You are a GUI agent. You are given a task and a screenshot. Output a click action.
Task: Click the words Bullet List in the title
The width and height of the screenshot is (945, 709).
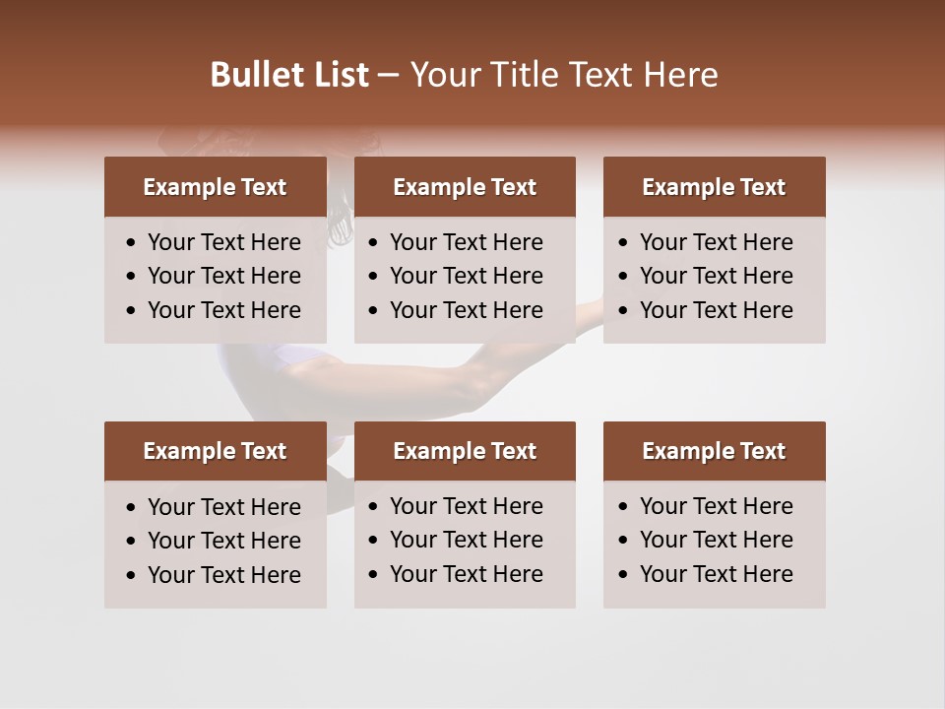pos(289,75)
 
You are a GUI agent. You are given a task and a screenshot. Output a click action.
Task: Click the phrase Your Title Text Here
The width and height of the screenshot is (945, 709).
pos(564,75)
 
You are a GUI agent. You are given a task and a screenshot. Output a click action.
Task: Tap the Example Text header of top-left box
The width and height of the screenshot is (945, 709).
pos(215,187)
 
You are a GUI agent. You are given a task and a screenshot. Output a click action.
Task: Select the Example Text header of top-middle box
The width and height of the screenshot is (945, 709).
pos(465,187)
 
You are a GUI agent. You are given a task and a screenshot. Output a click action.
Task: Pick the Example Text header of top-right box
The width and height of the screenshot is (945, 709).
pos(714,187)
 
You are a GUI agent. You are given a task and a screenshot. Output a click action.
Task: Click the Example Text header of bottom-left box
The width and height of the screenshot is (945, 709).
pos(215,451)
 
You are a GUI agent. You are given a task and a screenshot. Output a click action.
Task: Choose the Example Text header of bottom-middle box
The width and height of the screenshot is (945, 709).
pos(465,451)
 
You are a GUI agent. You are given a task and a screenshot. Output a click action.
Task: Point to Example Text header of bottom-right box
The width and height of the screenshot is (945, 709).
pos(714,451)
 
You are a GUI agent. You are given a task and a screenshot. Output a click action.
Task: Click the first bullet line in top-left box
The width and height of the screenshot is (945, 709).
pos(223,242)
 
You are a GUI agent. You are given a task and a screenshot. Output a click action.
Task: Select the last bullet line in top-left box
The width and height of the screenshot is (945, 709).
pos(223,310)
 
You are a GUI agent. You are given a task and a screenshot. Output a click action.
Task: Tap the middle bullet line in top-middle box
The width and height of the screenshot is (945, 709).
pos(466,276)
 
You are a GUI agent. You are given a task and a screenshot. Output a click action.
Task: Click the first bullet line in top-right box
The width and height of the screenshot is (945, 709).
pos(716,242)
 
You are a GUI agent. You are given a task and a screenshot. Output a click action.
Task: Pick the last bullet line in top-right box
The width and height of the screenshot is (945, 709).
pos(716,310)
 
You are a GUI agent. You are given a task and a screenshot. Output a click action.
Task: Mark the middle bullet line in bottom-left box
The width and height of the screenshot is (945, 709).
pos(223,541)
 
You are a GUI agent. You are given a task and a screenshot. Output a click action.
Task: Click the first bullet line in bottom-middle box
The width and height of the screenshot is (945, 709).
pos(466,506)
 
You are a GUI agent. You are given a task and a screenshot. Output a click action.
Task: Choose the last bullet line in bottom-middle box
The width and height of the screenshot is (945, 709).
pos(466,574)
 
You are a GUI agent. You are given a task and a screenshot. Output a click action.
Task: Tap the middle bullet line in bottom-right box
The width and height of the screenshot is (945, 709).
pos(716,540)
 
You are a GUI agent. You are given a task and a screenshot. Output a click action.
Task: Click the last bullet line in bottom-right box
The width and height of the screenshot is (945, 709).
pos(716,574)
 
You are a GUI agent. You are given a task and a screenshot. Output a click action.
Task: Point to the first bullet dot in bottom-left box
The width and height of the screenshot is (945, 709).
pos(132,508)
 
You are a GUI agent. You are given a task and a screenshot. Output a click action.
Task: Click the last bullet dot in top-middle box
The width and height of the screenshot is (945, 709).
pos(374,311)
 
